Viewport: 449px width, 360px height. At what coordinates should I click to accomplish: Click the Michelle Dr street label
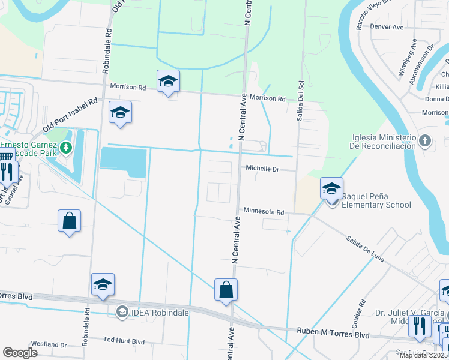[x=263, y=169]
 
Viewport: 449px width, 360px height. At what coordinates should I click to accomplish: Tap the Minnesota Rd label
[x=264, y=211]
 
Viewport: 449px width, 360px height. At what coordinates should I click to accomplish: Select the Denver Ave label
[x=388, y=27]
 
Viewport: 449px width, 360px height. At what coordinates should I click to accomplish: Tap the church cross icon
[x=425, y=141]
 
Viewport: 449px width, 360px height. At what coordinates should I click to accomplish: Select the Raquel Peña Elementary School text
[x=376, y=200]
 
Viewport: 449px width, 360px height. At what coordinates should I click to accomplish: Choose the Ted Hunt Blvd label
[x=124, y=341]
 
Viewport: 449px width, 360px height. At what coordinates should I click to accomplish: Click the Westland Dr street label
[x=49, y=344]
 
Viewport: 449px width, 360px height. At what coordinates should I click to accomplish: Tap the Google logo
[x=20, y=353]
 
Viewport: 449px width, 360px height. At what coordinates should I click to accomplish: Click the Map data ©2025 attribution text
[x=423, y=355]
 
